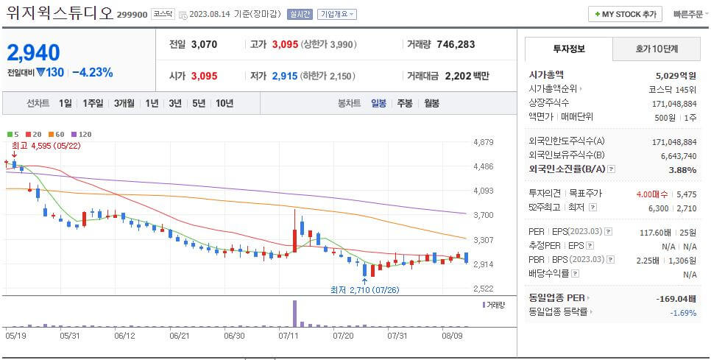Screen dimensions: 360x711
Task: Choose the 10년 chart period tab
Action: click(224, 103)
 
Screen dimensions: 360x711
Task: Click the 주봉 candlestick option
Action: click(404, 103)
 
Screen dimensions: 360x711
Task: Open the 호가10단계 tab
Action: click(657, 49)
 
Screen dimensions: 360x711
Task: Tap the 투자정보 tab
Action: click(568, 49)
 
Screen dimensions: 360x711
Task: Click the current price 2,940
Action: click(34, 53)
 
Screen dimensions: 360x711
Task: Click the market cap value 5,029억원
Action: click(675, 75)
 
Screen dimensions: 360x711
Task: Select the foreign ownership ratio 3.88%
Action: click(682, 170)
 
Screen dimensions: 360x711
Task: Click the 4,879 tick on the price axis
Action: click(484, 141)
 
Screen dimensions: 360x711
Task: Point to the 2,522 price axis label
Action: click(484, 289)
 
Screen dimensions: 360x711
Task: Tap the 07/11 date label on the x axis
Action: click(288, 336)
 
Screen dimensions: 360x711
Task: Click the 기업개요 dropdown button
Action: click(337, 14)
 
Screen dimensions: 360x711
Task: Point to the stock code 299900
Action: click(132, 14)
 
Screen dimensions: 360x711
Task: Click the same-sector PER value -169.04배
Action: click(676, 299)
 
